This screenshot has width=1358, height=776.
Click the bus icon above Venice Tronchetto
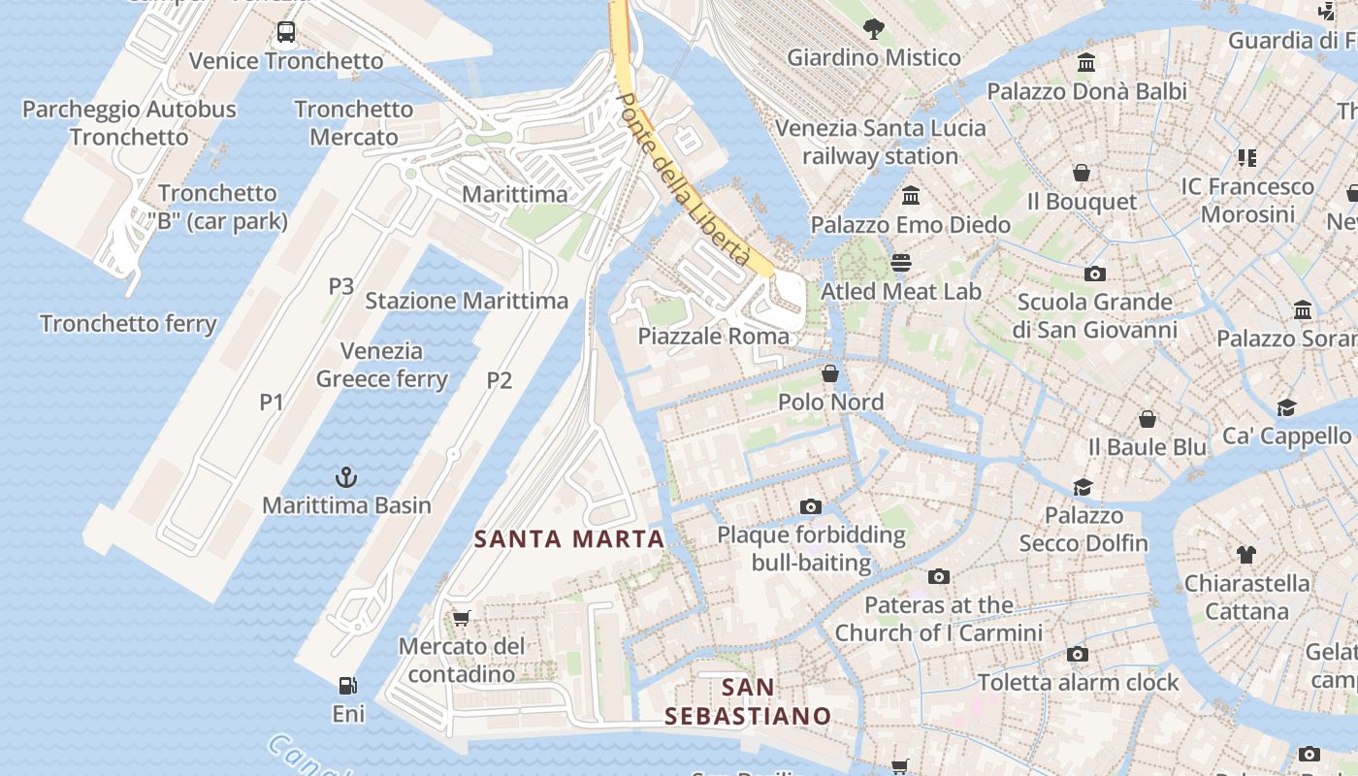click(286, 32)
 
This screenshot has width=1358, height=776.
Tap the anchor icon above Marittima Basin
click(346, 477)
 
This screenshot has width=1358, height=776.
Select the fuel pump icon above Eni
click(347, 686)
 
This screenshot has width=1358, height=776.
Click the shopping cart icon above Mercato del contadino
click(462, 618)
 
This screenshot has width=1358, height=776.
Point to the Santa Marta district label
click(569, 539)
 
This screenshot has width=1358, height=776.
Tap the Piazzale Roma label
click(713, 337)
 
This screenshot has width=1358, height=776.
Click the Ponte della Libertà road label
click(685, 180)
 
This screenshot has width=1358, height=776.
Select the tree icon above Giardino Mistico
click(873, 29)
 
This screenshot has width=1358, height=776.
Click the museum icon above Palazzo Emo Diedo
click(911, 196)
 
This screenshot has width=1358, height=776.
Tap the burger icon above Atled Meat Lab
click(901, 263)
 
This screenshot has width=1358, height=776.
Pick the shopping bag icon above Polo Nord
click(830, 373)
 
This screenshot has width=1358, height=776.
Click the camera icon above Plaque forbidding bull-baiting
click(811, 506)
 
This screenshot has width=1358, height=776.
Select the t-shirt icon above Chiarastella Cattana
click(1246, 555)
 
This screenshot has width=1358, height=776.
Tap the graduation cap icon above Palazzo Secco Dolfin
click(1083, 487)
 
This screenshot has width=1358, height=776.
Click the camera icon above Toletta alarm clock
click(1078, 654)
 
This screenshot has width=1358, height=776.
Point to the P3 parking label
click(340, 286)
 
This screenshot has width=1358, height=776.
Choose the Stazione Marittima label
click(467, 301)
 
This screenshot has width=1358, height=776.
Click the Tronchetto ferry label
click(128, 323)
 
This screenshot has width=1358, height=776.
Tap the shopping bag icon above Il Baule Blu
click(1148, 419)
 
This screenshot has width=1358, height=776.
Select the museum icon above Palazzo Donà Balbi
click(1086, 63)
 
